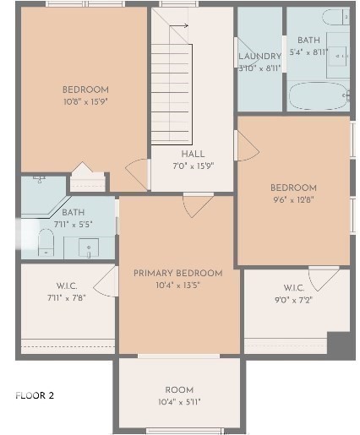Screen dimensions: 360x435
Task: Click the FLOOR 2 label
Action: pyautogui.click(x=35, y=395)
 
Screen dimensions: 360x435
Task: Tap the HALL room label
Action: pyautogui.click(x=193, y=154)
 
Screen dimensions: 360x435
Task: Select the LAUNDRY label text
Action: pyautogui.click(x=260, y=56)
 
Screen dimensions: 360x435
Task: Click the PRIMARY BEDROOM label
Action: pyautogui.click(x=178, y=273)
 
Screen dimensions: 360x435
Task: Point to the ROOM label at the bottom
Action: pyautogui.click(x=179, y=390)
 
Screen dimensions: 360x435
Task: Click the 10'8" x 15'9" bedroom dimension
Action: pyautogui.click(x=86, y=101)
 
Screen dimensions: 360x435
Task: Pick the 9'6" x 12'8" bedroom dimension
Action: pyautogui.click(x=293, y=200)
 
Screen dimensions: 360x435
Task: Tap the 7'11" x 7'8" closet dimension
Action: pyautogui.click(x=67, y=297)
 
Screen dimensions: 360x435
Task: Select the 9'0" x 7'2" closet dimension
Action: pyautogui.click(x=294, y=300)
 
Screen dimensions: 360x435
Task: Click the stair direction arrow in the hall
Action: pyautogui.click(x=178, y=26)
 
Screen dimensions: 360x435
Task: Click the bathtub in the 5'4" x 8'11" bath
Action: pyautogui.click(x=318, y=95)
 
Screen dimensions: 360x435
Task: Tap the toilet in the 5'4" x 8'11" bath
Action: pyautogui.click(x=335, y=17)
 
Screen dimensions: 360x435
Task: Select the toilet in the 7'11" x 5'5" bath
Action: pyautogui.click(x=46, y=242)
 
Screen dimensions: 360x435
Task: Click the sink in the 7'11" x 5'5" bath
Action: pyautogui.click(x=89, y=247)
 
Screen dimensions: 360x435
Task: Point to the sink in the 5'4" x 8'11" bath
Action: pyautogui.click(x=338, y=57)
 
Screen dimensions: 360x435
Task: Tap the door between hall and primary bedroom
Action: pyautogui.click(x=198, y=205)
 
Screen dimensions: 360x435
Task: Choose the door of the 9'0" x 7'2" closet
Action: pyautogui.click(x=324, y=278)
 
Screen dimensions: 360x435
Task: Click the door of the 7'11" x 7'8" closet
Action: pyautogui.click(x=106, y=281)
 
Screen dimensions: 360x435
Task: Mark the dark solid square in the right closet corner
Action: pyautogui.click(x=339, y=343)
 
